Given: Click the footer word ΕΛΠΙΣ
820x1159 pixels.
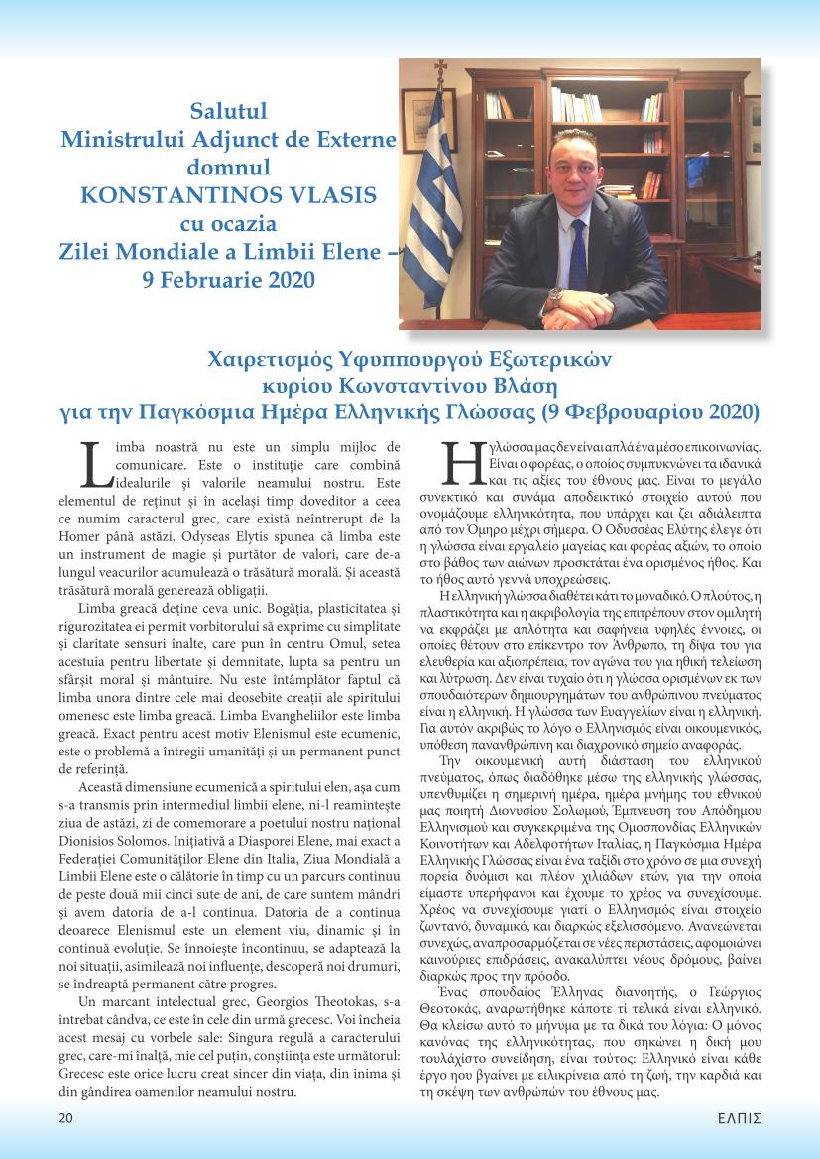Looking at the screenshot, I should [739, 1118].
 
